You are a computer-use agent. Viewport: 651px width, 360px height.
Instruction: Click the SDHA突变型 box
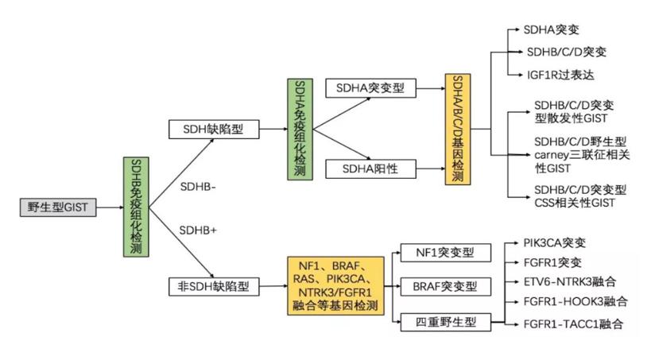point(371,88)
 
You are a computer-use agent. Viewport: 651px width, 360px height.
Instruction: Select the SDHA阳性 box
point(371,168)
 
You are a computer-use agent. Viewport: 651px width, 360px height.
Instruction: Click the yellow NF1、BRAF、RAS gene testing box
point(335,285)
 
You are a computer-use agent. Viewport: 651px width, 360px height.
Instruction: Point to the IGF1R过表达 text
point(560,75)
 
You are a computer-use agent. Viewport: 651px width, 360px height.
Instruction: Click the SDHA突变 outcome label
point(551,29)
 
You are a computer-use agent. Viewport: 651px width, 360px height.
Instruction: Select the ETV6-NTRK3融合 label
point(569,281)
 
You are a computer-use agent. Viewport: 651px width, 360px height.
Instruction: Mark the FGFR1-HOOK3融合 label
point(575,302)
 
